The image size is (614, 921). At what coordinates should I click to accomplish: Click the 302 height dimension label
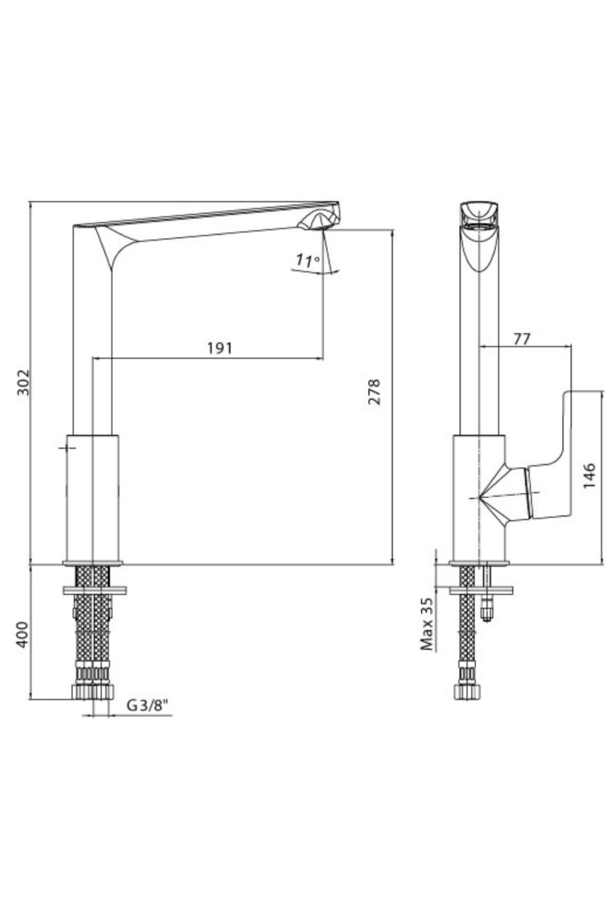coord(24,382)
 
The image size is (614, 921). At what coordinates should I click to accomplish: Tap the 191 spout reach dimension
coord(220,348)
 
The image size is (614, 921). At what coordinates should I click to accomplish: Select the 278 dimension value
coord(375,392)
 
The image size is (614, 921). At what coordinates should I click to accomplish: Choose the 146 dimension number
coord(589,476)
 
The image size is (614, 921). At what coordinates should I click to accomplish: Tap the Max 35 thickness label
coord(427,624)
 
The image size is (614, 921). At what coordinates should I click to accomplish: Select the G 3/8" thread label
coord(147,706)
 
